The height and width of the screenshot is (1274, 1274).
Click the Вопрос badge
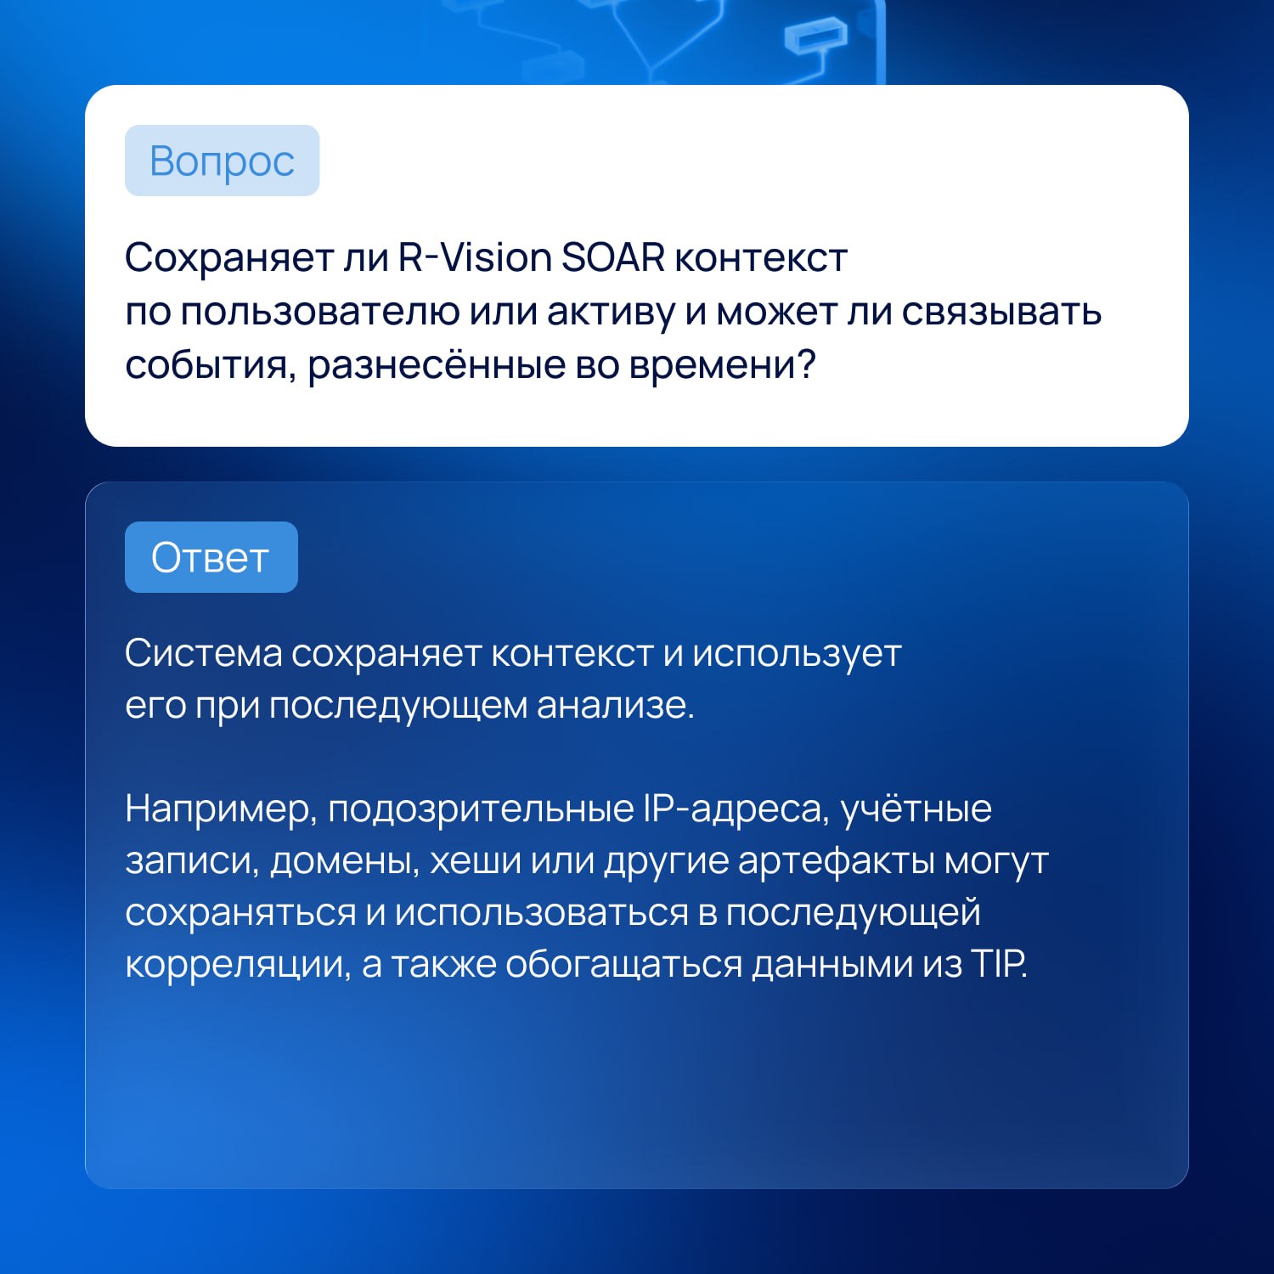tap(222, 161)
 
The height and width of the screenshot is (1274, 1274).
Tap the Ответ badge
tap(211, 557)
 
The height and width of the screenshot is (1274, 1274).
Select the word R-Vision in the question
tap(475, 257)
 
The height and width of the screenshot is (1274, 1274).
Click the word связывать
tap(1001, 312)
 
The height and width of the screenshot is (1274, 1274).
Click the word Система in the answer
tap(204, 653)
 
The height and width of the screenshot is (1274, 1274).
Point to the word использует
tap(797, 653)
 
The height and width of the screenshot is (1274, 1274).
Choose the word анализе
tap(616, 706)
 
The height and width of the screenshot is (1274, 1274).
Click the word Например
tap(221, 809)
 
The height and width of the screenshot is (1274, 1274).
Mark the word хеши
tap(476, 861)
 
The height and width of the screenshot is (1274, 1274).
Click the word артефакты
tap(836, 861)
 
